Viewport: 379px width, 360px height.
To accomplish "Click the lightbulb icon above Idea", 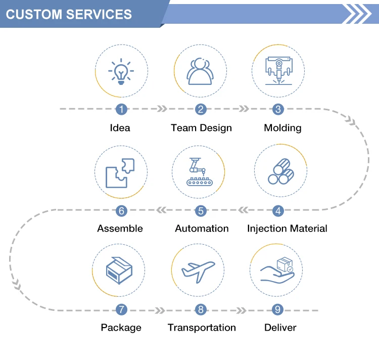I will tap(121, 72).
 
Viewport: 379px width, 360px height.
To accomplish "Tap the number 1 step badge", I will tap(121, 109).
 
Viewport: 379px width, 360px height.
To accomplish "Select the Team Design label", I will tap(201, 128).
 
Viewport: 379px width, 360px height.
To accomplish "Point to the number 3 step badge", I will tap(278, 109).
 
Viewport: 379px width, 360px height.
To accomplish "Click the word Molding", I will tap(282, 128).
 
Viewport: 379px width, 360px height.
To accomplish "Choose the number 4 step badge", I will tap(278, 210).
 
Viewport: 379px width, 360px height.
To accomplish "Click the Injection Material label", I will tap(287, 229).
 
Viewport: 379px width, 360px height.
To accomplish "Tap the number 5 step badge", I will tap(201, 210).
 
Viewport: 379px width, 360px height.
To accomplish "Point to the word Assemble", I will tap(120, 229).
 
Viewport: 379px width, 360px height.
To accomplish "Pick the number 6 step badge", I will tap(121, 210).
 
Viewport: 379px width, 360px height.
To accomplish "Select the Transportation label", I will tap(202, 328).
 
